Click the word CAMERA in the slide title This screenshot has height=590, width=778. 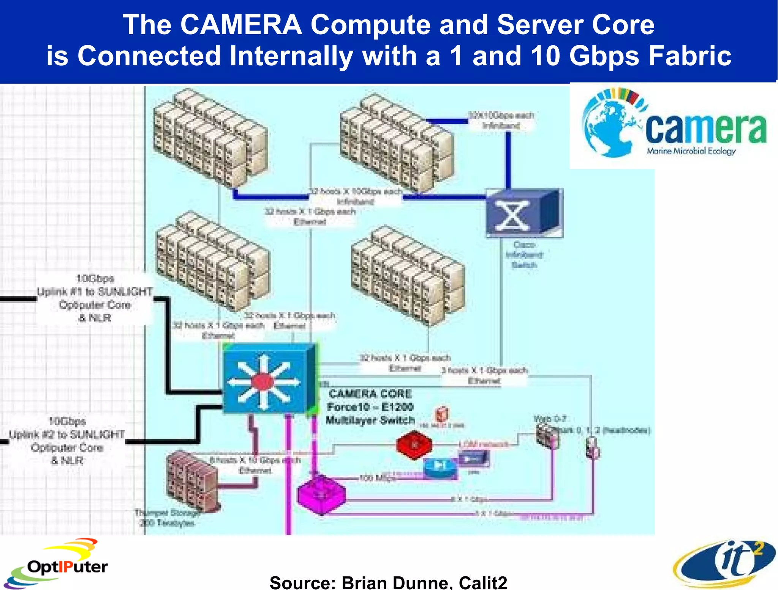pyautogui.click(x=241, y=25)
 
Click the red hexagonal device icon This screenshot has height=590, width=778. pyautogui.click(x=414, y=445)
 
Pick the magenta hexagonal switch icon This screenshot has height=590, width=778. pyautogui.click(x=321, y=494)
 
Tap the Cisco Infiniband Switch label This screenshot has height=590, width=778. pyautogui.click(x=524, y=255)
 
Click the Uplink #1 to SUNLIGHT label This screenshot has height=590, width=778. pyautogui.click(x=95, y=292)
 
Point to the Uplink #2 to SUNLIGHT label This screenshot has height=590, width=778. pyautogui.click(x=67, y=435)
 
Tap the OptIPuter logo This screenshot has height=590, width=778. pyautogui.click(x=57, y=564)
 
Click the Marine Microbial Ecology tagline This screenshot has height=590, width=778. pyautogui.click(x=691, y=151)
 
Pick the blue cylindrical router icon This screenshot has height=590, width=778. pyautogui.click(x=440, y=467)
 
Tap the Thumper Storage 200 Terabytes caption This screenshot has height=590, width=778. pyautogui.click(x=167, y=518)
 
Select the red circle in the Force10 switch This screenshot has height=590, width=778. pyautogui.click(x=262, y=381)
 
